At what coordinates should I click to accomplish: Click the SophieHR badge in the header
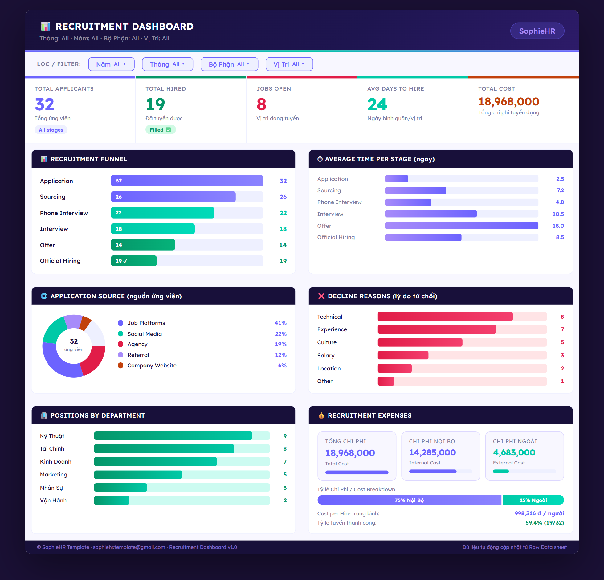click(537, 31)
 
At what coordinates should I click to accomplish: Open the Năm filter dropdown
click(111, 64)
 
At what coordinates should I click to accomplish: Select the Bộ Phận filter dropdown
click(229, 64)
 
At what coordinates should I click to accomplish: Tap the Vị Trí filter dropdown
click(289, 64)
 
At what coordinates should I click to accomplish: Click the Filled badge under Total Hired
click(160, 130)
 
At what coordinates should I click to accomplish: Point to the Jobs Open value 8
click(261, 104)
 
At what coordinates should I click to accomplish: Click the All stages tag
click(51, 130)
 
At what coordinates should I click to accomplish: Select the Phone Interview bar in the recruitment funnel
click(162, 213)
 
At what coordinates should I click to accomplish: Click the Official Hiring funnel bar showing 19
click(134, 261)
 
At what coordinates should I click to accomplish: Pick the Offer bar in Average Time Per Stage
click(462, 226)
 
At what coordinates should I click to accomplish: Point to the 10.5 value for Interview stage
click(558, 214)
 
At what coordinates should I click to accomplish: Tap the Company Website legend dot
click(120, 365)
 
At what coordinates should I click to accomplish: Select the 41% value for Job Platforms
click(280, 323)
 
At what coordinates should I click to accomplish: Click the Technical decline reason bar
click(445, 317)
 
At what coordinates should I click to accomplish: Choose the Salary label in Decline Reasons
click(326, 355)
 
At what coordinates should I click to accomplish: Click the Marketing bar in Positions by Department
click(138, 474)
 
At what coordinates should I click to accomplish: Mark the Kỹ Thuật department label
click(52, 436)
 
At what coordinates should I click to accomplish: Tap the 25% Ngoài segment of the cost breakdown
click(533, 500)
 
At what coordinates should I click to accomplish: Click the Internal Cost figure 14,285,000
click(432, 452)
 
